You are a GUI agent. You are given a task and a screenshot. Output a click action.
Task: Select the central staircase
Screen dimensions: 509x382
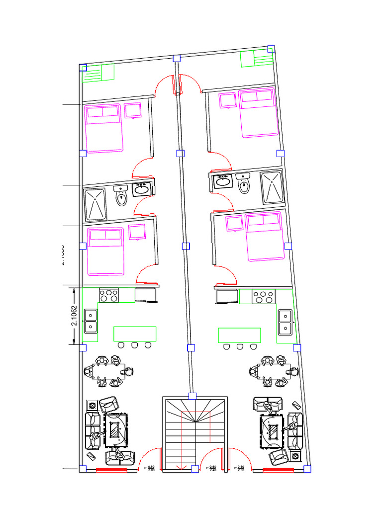tap(195, 432)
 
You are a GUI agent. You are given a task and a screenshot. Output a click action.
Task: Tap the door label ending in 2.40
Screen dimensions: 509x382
tap(212, 468)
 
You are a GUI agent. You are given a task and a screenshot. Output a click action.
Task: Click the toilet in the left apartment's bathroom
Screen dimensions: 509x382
tap(121, 196)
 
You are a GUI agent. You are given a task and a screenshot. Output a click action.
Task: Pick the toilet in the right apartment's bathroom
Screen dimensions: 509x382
tap(244, 184)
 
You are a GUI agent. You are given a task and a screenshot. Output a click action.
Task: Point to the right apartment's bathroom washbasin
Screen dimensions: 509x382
tap(222, 181)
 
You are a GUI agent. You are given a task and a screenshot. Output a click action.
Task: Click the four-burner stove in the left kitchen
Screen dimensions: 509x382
tap(109, 295)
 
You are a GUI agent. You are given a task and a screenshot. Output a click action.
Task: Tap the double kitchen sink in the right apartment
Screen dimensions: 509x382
tap(285, 322)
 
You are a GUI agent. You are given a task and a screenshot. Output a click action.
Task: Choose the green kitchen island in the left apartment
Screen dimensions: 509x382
tap(135, 334)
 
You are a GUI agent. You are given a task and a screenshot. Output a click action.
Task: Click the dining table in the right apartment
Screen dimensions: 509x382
tap(273, 370)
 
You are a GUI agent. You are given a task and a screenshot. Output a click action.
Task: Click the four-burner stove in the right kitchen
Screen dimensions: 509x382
tap(263, 297)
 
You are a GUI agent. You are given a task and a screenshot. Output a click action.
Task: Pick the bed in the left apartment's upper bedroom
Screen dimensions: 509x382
tap(104, 128)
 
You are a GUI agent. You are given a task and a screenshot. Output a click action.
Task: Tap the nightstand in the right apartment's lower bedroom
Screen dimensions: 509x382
tap(234, 223)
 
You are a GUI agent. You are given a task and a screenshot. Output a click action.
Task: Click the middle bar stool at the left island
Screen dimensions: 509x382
tap(134, 345)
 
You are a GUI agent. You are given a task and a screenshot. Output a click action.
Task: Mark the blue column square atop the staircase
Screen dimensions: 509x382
tap(192, 396)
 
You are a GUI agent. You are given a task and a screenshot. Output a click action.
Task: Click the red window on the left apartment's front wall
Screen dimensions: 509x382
tap(111, 469)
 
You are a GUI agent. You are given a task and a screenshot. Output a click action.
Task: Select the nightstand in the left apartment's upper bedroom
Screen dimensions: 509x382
tap(133, 110)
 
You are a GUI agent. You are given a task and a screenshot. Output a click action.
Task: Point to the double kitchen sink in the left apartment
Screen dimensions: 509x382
tap(91, 321)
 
